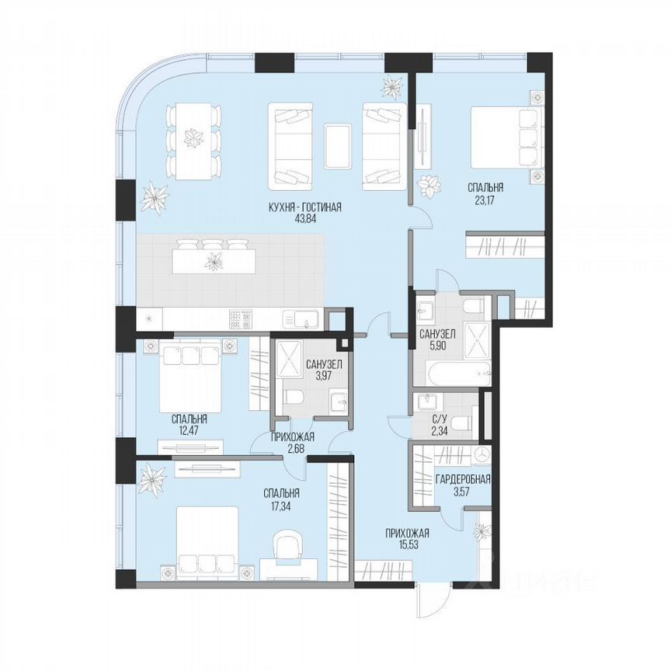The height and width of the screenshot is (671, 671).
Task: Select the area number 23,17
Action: click(485, 200)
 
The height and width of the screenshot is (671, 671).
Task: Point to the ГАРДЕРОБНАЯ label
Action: click(463, 479)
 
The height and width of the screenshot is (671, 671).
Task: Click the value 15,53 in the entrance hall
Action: click(407, 546)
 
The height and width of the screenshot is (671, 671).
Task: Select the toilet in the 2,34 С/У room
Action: click(461, 423)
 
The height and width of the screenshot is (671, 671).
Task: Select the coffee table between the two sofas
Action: click(336, 145)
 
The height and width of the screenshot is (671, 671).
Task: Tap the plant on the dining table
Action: click(191, 140)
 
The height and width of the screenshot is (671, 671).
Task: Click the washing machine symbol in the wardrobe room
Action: click(481, 454)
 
